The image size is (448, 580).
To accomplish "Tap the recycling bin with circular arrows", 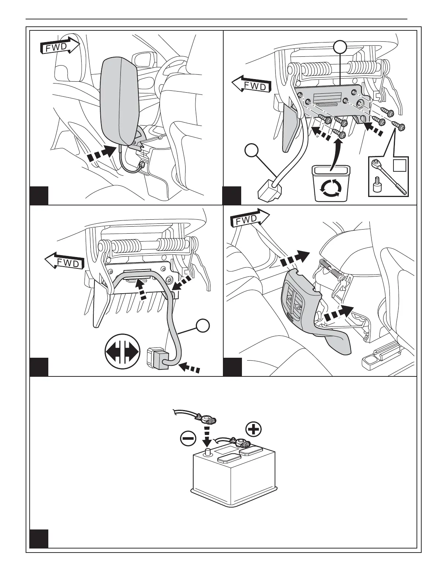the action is pos(331,184).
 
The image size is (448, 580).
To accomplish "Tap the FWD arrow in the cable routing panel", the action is pos(64,261).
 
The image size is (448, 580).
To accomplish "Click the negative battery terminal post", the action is pos(208,452).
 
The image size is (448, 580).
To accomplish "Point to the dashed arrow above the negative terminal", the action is pos(207,434).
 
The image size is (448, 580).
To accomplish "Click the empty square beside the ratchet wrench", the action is pos(399,165).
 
